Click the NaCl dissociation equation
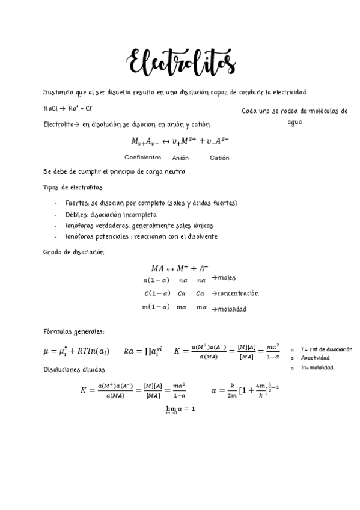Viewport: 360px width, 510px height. tap(68, 109)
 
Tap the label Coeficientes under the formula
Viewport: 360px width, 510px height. tap(142, 158)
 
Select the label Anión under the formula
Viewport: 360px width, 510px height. tap(180, 158)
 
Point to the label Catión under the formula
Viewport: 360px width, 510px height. tap(219, 158)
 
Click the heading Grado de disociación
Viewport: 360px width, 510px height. tap(74, 252)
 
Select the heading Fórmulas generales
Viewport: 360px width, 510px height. tap(74, 331)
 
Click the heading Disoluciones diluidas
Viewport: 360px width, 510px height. tap(74, 370)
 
